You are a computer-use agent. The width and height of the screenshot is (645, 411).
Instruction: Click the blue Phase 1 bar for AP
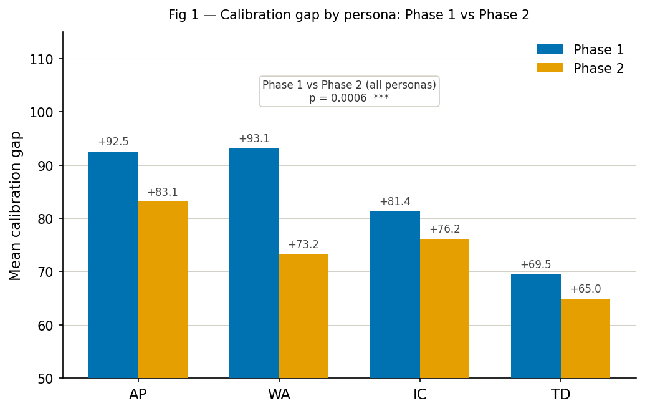(x=113, y=264)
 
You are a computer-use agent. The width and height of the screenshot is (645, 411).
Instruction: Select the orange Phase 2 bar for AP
(x=163, y=289)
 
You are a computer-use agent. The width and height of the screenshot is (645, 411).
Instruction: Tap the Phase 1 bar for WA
(x=254, y=263)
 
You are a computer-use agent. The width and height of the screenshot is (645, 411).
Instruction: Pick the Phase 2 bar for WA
(x=303, y=316)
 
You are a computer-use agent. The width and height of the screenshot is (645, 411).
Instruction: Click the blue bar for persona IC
(x=395, y=294)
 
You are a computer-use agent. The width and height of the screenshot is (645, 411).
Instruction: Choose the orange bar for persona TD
(x=585, y=338)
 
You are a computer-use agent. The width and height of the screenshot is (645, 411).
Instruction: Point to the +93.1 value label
(x=254, y=139)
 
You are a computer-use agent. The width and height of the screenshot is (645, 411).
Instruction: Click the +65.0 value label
(x=585, y=289)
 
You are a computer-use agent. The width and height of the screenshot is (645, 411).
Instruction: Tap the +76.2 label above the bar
(x=444, y=230)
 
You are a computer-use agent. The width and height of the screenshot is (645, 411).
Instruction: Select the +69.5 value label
(x=535, y=265)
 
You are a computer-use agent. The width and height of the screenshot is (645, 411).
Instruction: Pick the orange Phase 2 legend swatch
(x=549, y=68)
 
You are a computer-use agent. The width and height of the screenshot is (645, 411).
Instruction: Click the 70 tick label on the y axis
(x=45, y=272)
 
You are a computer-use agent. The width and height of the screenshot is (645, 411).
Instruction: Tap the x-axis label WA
(x=279, y=395)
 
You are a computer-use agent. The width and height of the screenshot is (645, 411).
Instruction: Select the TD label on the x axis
(x=560, y=395)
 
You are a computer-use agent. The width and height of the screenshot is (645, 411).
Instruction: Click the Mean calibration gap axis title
(x=16, y=205)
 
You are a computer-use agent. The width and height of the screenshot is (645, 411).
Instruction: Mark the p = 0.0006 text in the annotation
(x=338, y=98)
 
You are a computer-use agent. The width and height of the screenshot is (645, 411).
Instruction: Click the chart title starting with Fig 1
(x=349, y=15)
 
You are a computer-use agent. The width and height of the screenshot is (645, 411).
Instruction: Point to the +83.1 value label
(x=163, y=193)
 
